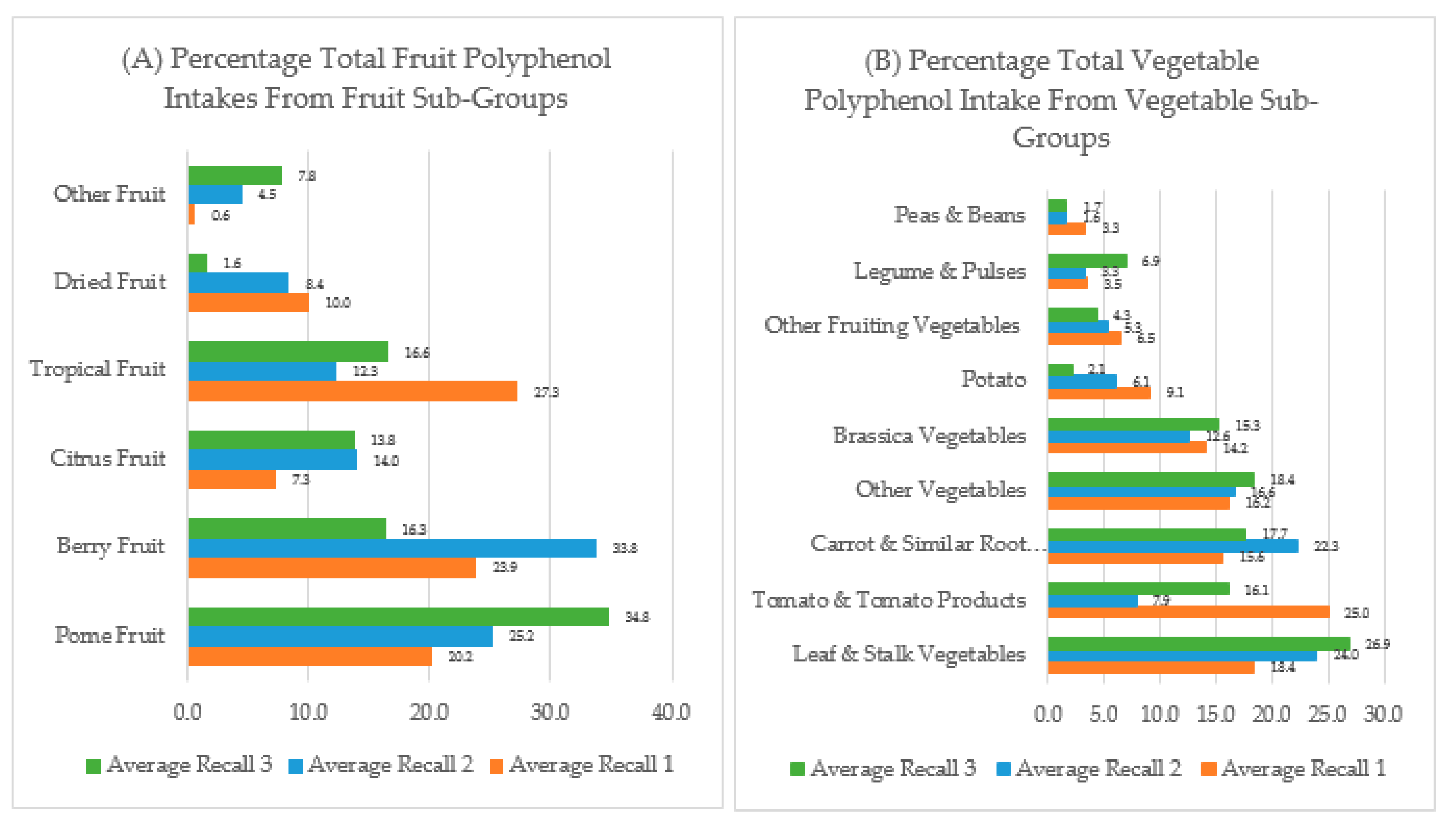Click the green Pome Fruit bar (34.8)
[398, 617]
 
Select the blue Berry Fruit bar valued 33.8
[392, 548]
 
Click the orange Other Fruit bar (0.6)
[191, 214]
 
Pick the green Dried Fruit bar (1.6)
[197, 263]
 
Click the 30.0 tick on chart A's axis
[549, 711]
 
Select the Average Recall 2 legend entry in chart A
[381, 765]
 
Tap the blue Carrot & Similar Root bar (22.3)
[1173, 546]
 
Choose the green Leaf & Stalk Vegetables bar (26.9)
[1198, 643]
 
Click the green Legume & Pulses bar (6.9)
[1087, 261]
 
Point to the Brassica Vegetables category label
[929, 436]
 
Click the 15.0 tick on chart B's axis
[1215, 714]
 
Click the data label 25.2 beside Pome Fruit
[521, 636]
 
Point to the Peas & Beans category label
[959, 215]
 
